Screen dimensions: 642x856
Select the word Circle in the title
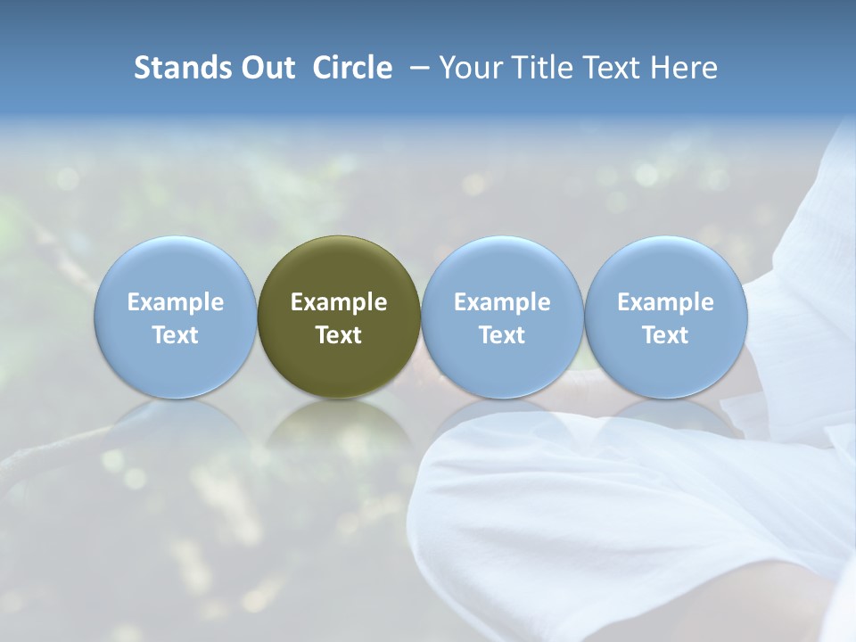352,68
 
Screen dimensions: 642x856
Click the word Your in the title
471,68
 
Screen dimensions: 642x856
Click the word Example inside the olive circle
339,302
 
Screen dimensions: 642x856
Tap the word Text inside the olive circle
339,335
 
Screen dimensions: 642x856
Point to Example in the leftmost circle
176,302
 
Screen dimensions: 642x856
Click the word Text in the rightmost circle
665,335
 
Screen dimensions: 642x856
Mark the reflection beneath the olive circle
339,432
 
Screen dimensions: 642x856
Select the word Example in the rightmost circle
665,302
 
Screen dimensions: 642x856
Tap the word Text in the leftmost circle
176,335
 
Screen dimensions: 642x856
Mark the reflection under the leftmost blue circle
176,432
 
